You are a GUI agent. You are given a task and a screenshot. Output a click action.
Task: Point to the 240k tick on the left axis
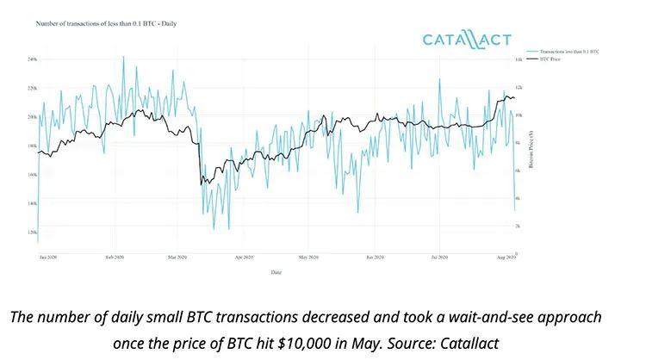[31, 59]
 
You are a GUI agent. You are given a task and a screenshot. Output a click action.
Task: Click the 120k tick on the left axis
[31, 233]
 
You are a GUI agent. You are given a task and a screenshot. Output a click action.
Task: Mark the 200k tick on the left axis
[31, 117]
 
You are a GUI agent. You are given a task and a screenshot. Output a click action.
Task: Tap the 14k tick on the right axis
[519, 59]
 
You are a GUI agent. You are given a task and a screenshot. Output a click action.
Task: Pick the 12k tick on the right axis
[519, 88]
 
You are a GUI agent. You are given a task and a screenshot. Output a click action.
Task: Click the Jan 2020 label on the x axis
[49, 258]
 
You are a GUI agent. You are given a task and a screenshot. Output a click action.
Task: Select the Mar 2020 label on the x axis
[177, 258]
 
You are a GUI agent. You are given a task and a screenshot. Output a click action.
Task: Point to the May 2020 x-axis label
[308, 258]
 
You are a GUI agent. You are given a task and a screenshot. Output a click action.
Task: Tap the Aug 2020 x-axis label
[506, 258]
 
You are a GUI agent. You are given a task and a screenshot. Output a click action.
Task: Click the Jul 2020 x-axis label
[439, 258]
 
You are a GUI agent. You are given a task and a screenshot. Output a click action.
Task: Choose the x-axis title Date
[273, 272]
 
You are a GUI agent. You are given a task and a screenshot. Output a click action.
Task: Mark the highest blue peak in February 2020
[123, 57]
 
